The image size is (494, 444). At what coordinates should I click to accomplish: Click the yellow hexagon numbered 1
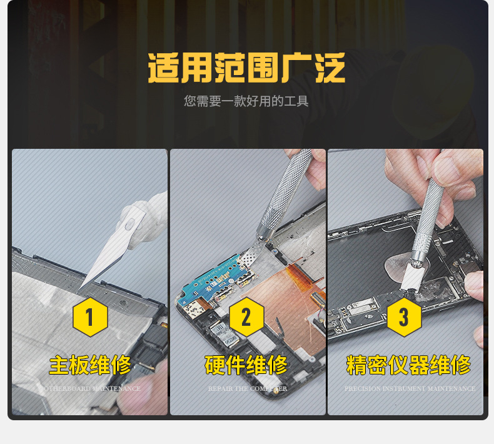[x=90, y=317]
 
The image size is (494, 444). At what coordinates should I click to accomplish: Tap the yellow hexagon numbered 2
[x=246, y=317]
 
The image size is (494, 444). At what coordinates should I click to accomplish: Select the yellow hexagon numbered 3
[x=404, y=317]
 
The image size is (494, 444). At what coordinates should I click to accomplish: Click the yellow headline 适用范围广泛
[x=246, y=68]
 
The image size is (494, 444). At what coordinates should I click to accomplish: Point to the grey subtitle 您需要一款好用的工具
[x=246, y=101]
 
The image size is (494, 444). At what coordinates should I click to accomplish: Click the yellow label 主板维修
[x=90, y=365]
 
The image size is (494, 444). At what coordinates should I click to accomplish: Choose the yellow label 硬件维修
[x=246, y=365]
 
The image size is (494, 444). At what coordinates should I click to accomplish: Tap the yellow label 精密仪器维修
[x=408, y=365]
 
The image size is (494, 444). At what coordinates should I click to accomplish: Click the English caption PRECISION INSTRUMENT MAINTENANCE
[x=410, y=389]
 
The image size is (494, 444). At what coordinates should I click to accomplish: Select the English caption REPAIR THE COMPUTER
[x=248, y=389]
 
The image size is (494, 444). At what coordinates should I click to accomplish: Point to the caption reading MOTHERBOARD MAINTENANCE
[x=92, y=389]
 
